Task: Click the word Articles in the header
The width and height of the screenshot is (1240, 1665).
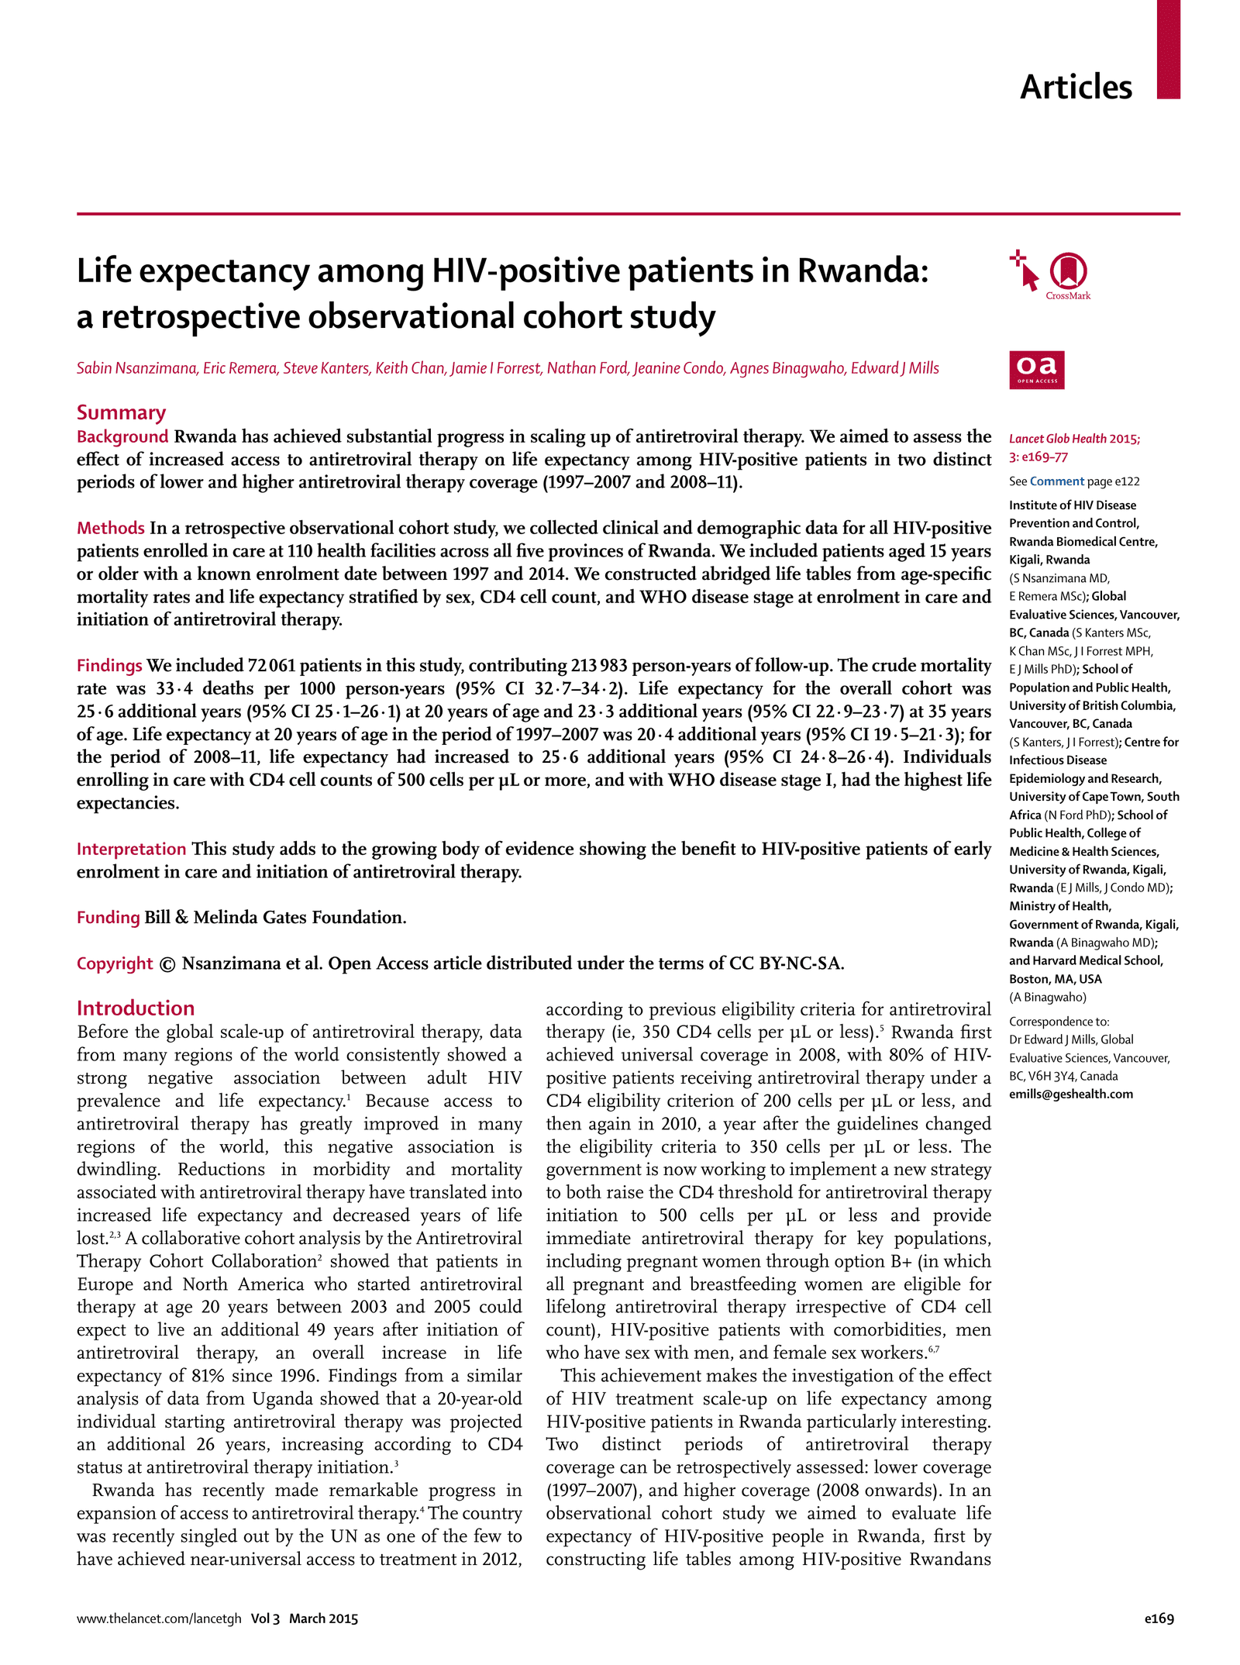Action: pyautogui.click(x=1075, y=87)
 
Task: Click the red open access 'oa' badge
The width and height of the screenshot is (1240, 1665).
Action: pyautogui.click(x=1036, y=370)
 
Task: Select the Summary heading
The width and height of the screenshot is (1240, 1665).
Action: pyautogui.click(x=121, y=412)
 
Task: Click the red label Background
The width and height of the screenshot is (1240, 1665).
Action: pyautogui.click(x=122, y=436)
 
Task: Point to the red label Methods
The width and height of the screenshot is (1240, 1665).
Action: pyautogui.click(x=110, y=528)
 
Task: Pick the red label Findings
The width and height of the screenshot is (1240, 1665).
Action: pyautogui.click(x=109, y=665)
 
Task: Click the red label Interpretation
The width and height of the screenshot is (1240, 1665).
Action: pyautogui.click(x=131, y=849)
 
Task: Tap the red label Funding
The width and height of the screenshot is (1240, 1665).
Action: pyautogui.click(x=108, y=917)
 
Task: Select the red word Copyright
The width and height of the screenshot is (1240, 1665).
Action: pyautogui.click(x=115, y=963)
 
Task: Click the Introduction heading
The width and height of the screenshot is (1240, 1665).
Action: pyautogui.click(x=136, y=1008)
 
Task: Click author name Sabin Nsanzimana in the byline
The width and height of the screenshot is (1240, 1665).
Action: pyautogui.click(x=136, y=368)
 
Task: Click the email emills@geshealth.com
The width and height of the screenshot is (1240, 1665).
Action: pyautogui.click(x=1070, y=1094)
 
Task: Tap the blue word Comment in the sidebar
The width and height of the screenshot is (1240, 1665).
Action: pyautogui.click(x=1056, y=481)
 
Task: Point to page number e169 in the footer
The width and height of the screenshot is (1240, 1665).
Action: pyautogui.click(x=1159, y=1618)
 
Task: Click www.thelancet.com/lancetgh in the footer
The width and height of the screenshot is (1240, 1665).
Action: pyautogui.click(x=159, y=1618)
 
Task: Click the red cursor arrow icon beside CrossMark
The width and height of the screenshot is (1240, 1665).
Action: pyautogui.click(x=1026, y=271)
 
